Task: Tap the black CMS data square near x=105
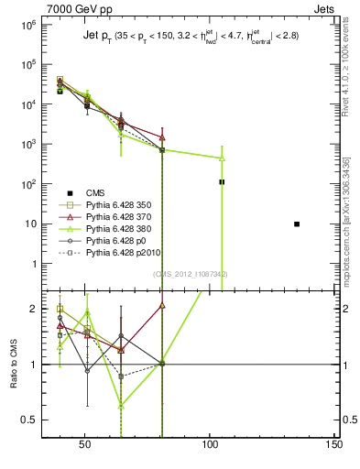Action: (222, 182)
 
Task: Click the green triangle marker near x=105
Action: (222, 158)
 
